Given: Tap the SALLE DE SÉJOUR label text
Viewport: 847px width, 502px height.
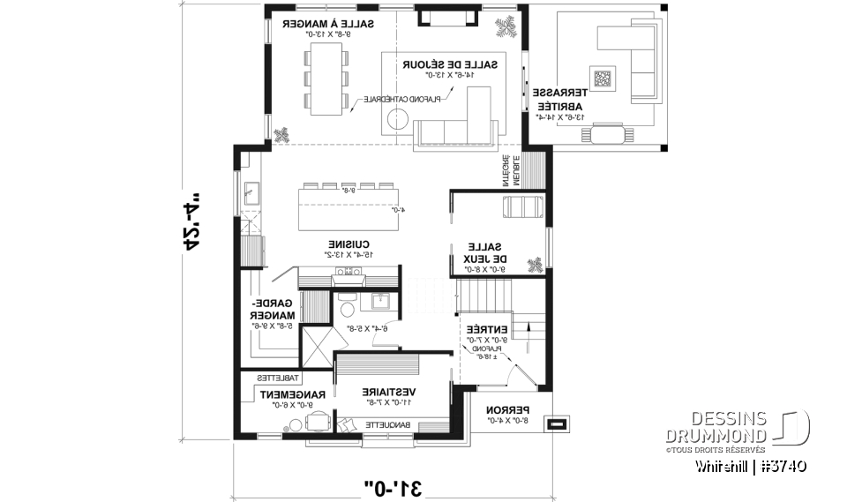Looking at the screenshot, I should click(450, 65).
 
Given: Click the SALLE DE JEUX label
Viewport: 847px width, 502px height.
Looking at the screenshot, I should click(485, 253).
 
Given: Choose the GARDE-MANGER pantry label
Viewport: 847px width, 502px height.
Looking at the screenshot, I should click(274, 309).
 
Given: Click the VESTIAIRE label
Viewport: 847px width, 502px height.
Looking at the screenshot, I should click(389, 392).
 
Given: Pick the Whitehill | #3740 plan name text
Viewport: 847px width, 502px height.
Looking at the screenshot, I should click(751, 467).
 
